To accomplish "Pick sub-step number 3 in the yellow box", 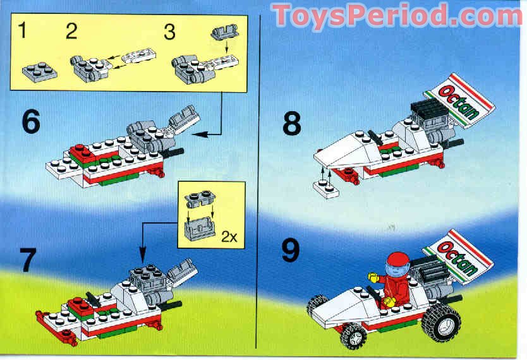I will point(169,31).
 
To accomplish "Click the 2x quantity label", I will point(228,237).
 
